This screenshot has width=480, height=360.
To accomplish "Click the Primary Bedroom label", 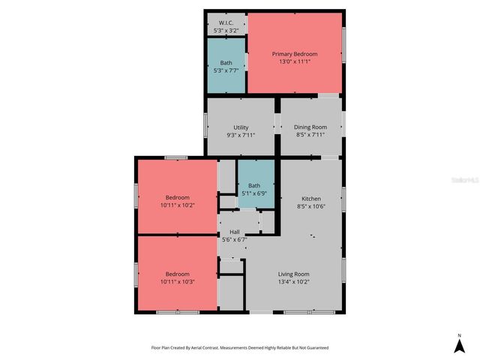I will coord(295,54).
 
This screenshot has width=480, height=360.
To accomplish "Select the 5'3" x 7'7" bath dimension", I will coord(226,70).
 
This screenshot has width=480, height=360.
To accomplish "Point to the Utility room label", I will coord(241,127).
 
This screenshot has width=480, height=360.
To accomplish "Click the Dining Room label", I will coord(310,127).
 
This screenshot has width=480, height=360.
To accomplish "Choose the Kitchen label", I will coord(310,198).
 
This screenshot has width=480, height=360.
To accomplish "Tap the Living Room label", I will coord(294,274).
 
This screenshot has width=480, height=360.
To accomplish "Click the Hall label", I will coord(235,232).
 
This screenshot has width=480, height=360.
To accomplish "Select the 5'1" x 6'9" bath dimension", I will coord(254,193).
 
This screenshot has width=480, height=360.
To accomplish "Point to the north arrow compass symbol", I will coord(459,345).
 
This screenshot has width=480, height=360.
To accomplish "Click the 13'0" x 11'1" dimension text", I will coord(295,61).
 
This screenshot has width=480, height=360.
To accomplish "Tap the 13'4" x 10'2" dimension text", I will coord(294,282).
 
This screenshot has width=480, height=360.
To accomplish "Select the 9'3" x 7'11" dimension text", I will coord(241,135).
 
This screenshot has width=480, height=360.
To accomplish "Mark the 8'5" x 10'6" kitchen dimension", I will coord(310,205).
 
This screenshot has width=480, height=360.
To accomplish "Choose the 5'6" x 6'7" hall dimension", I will coord(235,239).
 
